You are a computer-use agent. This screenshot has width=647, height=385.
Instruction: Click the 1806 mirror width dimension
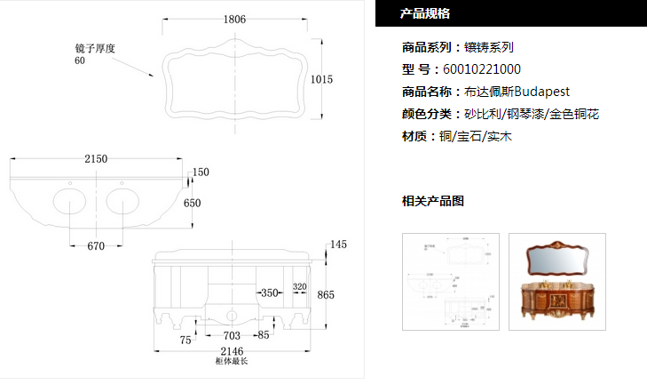[235, 18]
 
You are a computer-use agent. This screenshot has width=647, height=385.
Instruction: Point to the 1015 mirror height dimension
[321, 80]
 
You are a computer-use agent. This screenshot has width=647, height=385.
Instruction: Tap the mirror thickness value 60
[80, 60]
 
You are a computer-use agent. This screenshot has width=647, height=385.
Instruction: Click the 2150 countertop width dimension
[96, 159]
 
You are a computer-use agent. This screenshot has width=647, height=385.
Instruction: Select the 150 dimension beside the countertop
[201, 172]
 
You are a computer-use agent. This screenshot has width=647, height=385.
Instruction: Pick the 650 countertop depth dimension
[193, 203]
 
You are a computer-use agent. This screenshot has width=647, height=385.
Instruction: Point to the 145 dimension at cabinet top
[338, 245]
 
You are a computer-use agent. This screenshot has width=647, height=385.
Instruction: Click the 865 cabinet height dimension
[326, 295]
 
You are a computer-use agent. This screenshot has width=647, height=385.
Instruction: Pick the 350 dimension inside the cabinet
[268, 292]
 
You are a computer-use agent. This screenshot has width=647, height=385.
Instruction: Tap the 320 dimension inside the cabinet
[299, 287]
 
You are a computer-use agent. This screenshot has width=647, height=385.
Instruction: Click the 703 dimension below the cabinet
[232, 336]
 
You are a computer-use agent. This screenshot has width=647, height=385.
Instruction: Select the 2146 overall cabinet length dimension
[232, 352]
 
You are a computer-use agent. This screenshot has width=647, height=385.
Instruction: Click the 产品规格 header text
[425, 13]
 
